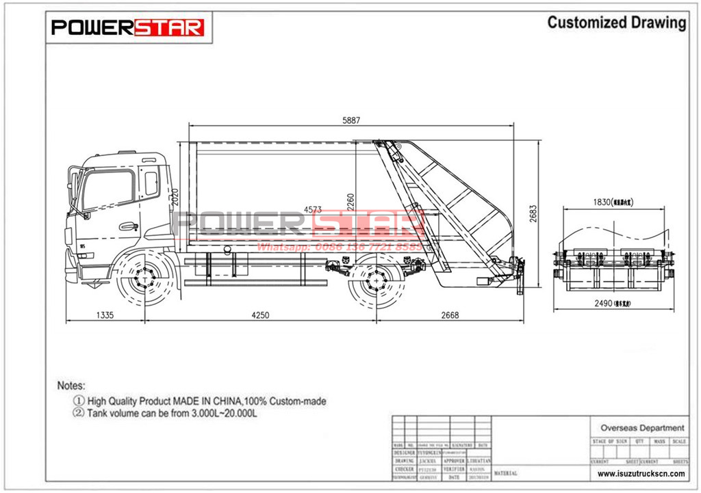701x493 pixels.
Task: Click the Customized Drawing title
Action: pos(616,23)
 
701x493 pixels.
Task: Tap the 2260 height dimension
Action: pos(350,201)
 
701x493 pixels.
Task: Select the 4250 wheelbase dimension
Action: pos(259,315)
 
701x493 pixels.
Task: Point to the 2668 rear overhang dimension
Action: pos(450,315)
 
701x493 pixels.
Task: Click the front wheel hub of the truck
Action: pos(143,278)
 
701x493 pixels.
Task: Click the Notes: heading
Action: pos(71,386)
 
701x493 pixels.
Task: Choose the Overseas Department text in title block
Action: pos(641,428)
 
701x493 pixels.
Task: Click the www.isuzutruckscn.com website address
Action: pos(641,473)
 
